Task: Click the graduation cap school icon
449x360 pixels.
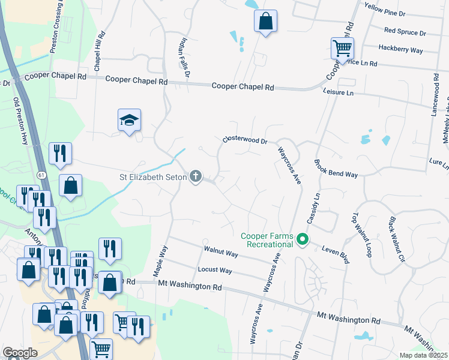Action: pyautogui.click(x=130, y=121)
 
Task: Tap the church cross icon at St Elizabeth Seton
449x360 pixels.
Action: pyautogui.click(x=195, y=176)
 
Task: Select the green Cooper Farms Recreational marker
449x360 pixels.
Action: pyautogui.click(x=303, y=240)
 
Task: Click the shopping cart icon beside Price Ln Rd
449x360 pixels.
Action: pyautogui.click(x=342, y=48)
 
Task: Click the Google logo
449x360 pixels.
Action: pyautogui.click(x=20, y=353)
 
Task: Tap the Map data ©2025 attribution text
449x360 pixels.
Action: pyautogui.click(x=424, y=355)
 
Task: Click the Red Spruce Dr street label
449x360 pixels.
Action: pyautogui.click(x=405, y=32)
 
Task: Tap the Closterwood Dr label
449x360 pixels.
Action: pyautogui.click(x=244, y=140)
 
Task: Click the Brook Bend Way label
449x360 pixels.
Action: pyautogui.click(x=336, y=167)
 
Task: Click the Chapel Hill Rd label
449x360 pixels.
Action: pyautogui.click(x=98, y=49)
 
